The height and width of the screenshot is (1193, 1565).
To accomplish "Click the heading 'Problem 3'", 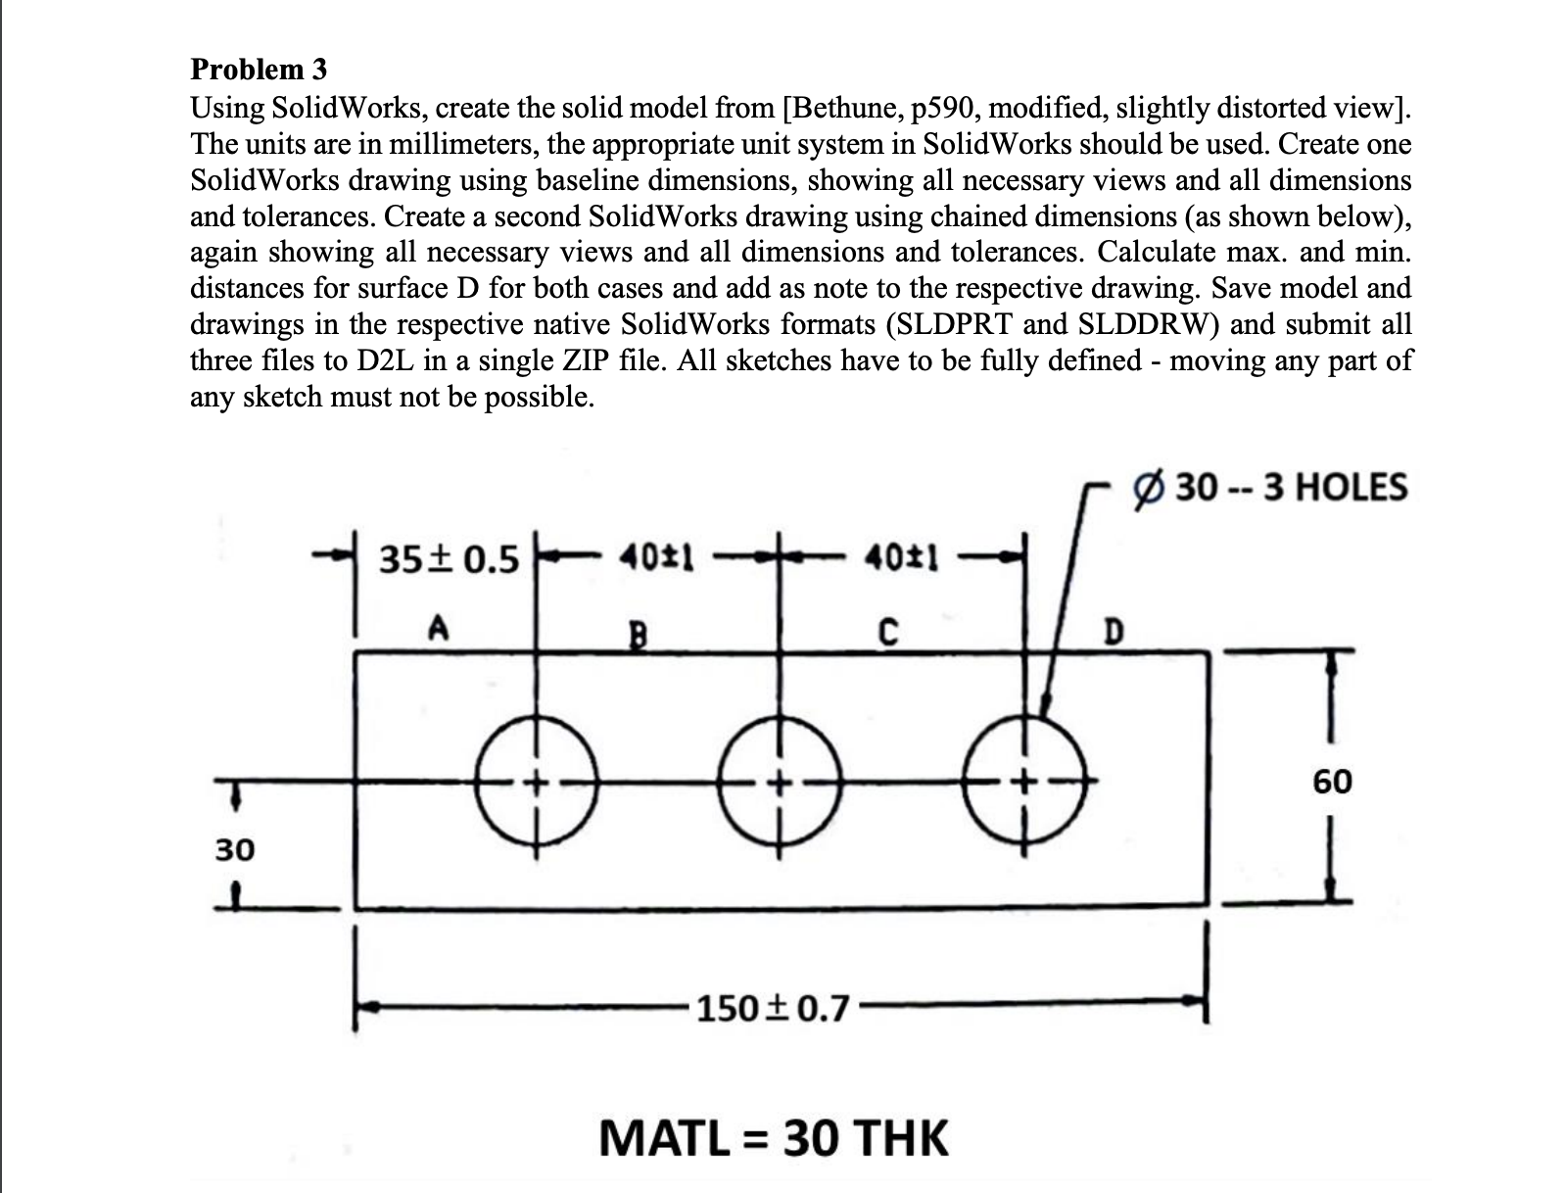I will pyautogui.click(x=259, y=70).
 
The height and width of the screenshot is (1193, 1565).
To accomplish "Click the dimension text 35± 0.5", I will pyautogui.click(x=449, y=560).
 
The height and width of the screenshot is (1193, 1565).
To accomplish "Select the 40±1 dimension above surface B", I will pyautogui.click(x=657, y=559).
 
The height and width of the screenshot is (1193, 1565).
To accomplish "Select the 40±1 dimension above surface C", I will pyautogui.click(x=902, y=559).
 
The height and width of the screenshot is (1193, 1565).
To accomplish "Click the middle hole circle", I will pyautogui.click(x=780, y=783).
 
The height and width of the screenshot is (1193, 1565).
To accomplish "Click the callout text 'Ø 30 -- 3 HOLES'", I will pyautogui.click(x=1270, y=487).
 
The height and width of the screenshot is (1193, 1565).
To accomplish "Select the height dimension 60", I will pyautogui.click(x=1332, y=782).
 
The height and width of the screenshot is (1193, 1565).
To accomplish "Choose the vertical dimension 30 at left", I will pyautogui.click(x=235, y=849).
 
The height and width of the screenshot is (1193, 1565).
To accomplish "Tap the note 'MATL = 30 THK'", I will pyautogui.click(x=774, y=1138).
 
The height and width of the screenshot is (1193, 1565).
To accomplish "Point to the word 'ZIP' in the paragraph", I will pyautogui.click(x=586, y=360).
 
